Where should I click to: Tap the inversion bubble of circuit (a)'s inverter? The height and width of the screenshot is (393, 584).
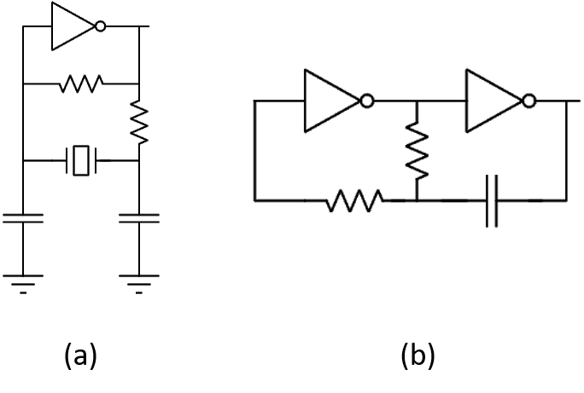100,26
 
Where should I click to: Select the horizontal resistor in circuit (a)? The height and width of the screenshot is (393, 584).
81,84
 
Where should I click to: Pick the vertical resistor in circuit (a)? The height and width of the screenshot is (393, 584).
139,122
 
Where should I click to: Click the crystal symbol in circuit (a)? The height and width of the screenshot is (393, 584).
81,160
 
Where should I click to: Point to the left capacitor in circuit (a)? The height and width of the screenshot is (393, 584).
23,218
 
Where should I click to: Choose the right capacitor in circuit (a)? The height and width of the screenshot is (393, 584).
139,218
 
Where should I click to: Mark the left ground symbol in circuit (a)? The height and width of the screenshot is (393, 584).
23,285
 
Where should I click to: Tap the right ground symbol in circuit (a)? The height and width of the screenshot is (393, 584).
139,285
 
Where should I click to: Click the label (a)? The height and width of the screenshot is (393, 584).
80,355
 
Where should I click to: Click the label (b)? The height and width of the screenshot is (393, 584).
418,355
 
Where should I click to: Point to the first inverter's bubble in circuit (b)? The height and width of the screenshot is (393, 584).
367,101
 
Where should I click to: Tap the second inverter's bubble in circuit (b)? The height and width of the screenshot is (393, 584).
529,101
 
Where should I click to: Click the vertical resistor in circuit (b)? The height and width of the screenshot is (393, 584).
418,151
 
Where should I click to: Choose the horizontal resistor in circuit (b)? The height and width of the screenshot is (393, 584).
355,201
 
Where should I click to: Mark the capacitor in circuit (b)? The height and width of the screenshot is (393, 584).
492,201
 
